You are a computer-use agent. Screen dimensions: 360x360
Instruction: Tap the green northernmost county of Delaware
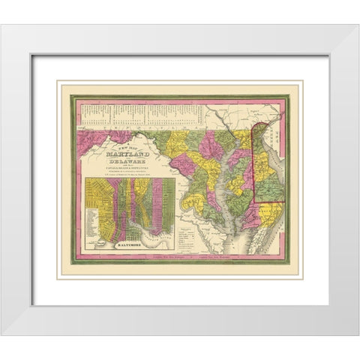[259, 139]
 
